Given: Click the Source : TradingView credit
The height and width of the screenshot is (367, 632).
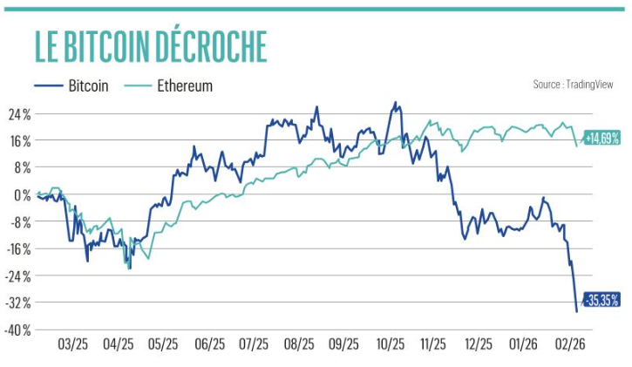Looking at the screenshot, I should [x=573, y=85].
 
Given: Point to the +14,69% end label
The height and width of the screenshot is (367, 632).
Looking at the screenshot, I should [x=601, y=138].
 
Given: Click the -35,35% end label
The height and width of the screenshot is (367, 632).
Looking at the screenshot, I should [x=601, y=300].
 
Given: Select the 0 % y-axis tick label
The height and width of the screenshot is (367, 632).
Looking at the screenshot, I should [x=21, y=194].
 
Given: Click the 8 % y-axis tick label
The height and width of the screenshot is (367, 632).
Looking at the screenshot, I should [x=21, y=167].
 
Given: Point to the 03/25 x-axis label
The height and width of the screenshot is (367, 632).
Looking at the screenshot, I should [x=72, y=344].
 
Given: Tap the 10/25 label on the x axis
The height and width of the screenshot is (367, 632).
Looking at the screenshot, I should [x=389, y=344].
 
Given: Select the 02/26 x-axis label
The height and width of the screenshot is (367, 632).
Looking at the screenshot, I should [x=569, y=344].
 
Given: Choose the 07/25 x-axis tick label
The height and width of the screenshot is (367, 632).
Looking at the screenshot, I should [x=253, y=344].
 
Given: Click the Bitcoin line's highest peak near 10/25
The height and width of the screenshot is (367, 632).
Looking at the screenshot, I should [x=396, y=102].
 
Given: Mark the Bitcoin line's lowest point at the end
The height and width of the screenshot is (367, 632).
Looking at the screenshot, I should [x=576, y=311].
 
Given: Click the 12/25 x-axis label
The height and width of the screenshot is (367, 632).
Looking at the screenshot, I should [x=479, y=344].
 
